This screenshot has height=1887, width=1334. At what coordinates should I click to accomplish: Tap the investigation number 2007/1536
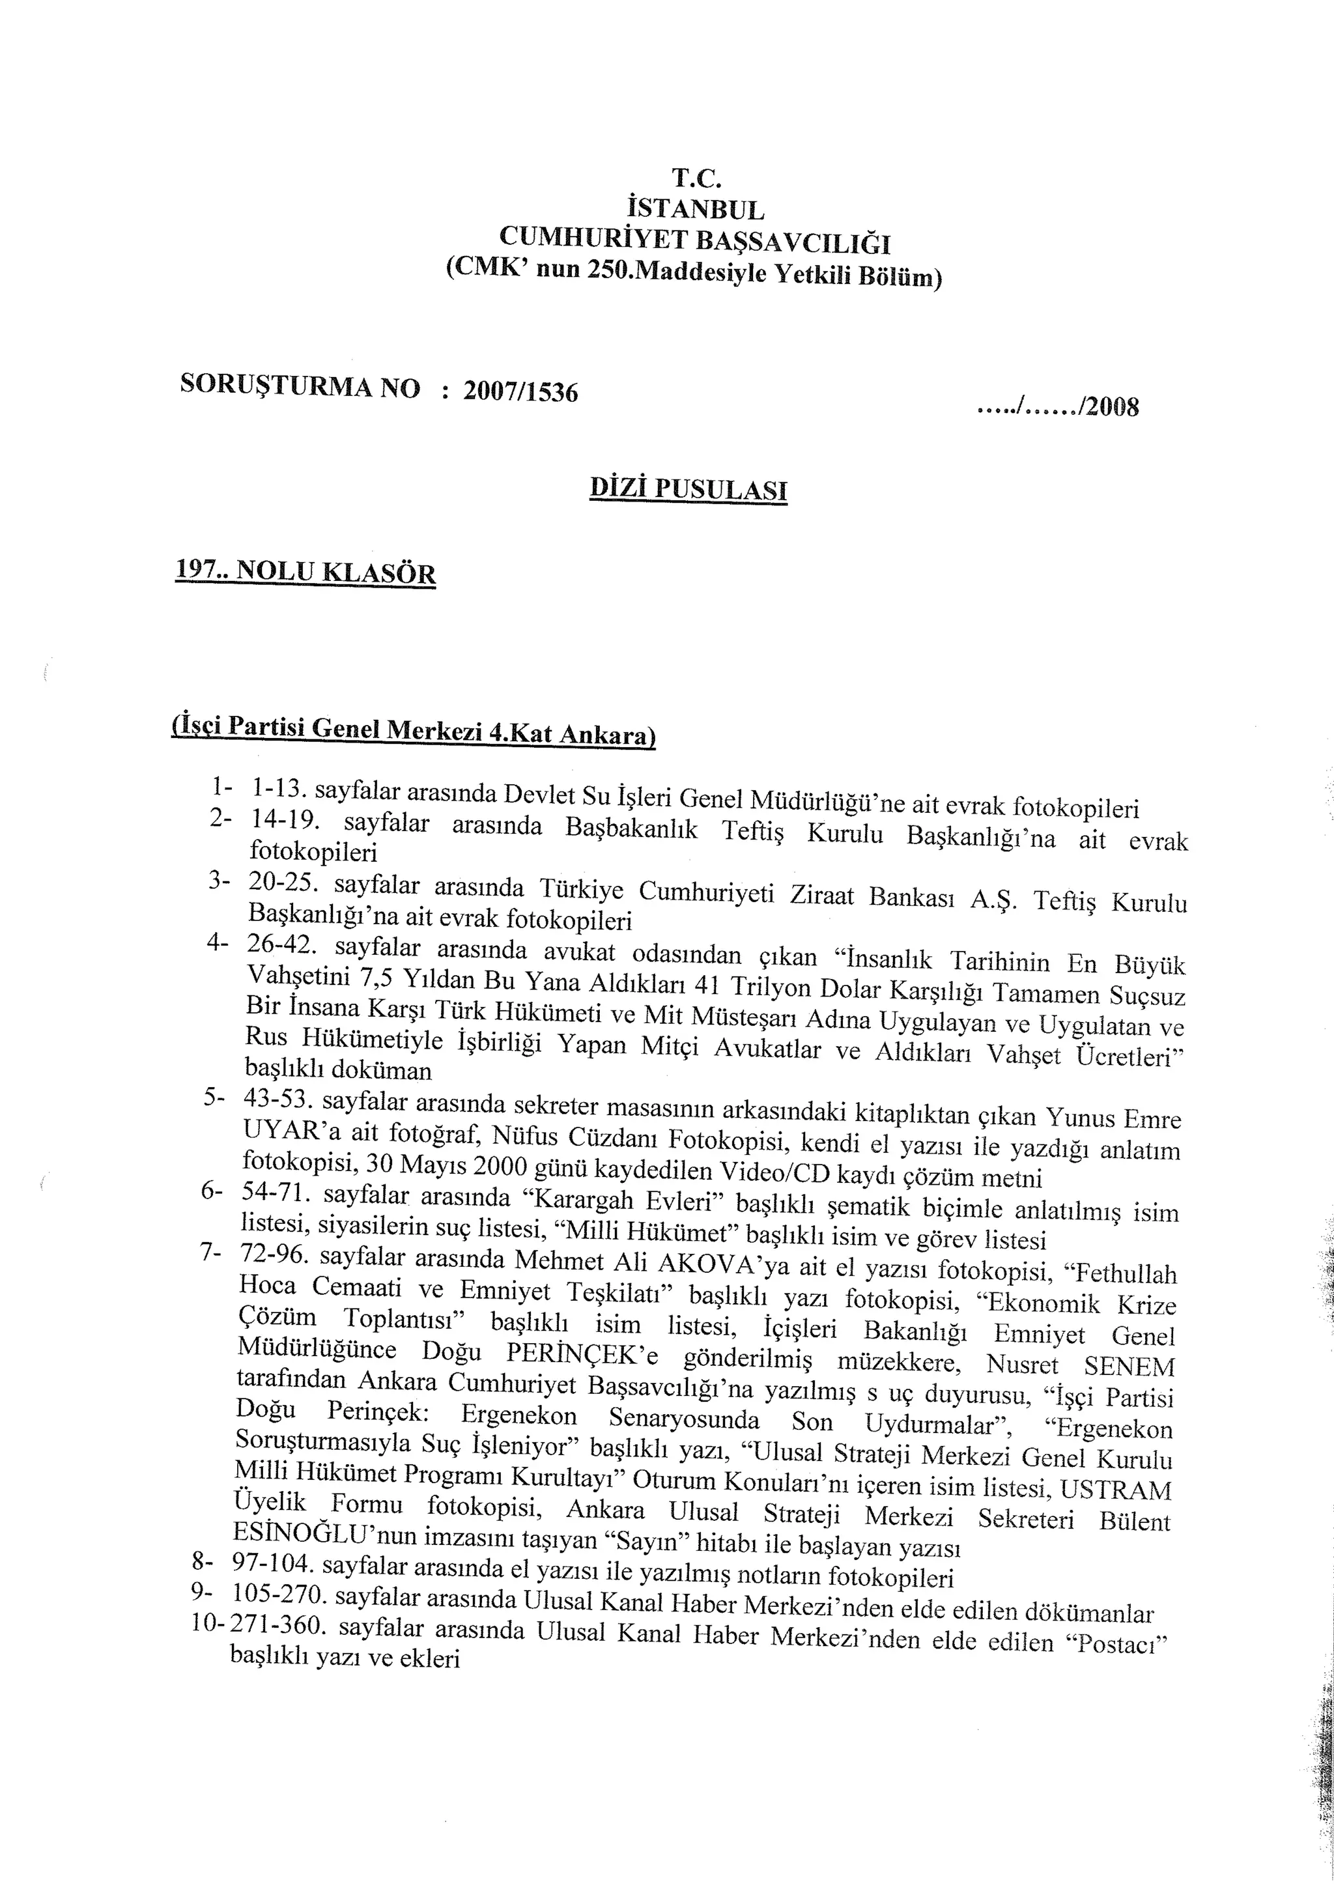(520, 391)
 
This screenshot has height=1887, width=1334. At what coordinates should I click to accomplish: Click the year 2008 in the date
(1111, 407)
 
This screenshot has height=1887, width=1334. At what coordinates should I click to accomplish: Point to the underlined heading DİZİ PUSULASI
(688, 490)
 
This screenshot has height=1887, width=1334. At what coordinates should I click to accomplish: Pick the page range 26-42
(279, 945)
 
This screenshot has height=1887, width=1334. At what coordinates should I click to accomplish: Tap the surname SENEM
(1129, 1366)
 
